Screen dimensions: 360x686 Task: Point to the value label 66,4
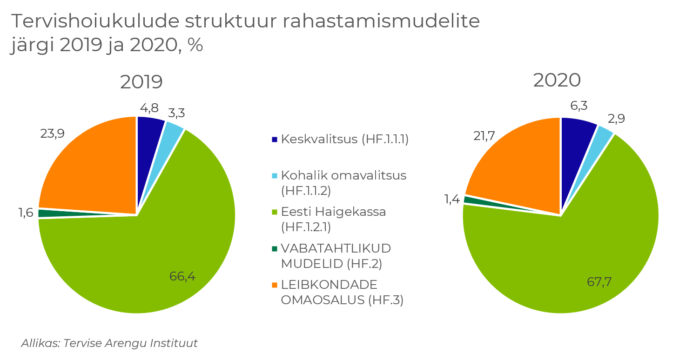[182, 276]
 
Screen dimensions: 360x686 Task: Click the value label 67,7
[599, 282]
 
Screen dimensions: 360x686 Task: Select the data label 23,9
[52, 134]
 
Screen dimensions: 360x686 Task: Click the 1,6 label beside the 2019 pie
[26, 213]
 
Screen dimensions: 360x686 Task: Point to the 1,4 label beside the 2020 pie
[452, 200]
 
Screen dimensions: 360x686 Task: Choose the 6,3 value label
[578, 106]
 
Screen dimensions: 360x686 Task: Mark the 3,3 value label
[176, 113]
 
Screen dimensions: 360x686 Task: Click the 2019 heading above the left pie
[141, 82]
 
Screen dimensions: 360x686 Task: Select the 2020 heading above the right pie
[557, 80]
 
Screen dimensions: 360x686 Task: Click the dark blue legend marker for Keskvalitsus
[275, 140]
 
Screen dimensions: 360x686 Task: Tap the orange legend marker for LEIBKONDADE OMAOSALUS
[275, 285]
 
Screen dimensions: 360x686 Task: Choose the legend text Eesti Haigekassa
[333, 212]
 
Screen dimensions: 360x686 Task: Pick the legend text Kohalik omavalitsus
[343, 176]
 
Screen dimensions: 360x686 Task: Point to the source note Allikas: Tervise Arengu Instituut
[109, 344]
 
